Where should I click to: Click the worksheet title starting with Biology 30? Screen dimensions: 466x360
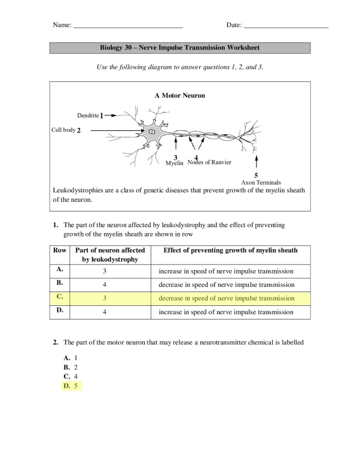(x=179, y=48)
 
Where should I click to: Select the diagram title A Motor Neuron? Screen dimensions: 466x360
(x=179, y=95)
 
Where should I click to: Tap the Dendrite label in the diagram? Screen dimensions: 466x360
(x=88, y=115)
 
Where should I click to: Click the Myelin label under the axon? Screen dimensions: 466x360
(x=174, y=163)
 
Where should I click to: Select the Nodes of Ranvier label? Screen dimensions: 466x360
(x=209, y=163)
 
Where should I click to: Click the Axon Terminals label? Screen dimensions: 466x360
(x=261, y=182)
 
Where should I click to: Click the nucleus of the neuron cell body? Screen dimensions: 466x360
(x=152, y=131)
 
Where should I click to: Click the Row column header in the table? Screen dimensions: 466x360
(x=60, y=250)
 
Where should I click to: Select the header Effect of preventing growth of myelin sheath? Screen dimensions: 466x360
(x=230, y=250)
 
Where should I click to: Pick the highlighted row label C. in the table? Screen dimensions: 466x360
(x=60, y=298)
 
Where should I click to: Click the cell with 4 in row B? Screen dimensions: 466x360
(x=105, y=284)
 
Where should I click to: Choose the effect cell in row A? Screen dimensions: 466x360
(x=227, y=271)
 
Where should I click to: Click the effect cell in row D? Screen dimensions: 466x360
(x=227, y=312)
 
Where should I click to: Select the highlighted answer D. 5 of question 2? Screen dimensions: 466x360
(x=71, y=387)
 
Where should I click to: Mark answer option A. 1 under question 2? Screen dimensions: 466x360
(x=71, y=357)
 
